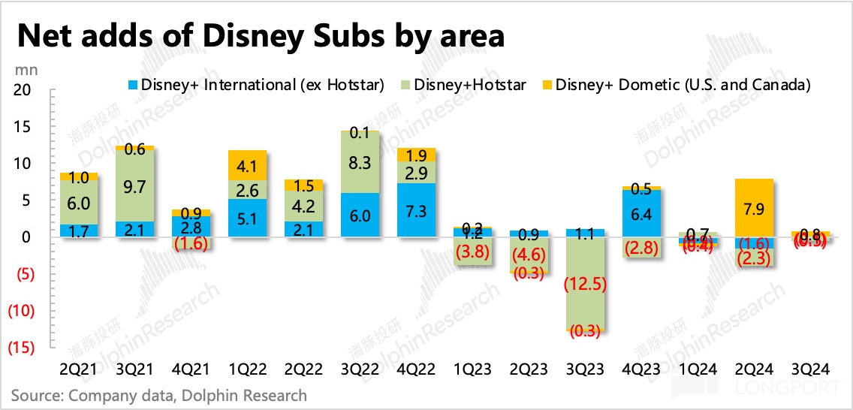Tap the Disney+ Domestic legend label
[683, 85]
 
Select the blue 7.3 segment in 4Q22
[416, 210]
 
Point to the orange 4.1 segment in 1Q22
[247, 165]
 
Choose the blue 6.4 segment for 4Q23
[641, 213]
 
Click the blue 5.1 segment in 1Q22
[247, 218]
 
